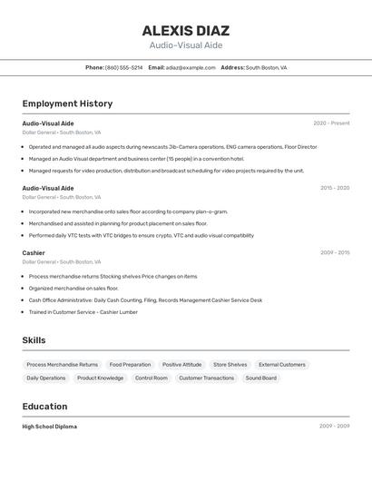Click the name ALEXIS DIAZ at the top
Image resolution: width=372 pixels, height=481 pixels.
click(186, 30)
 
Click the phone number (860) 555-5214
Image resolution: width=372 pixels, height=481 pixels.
click(123, 67)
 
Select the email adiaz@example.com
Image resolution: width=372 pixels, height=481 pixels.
click(191, 67)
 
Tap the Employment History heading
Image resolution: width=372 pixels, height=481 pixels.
click(67, 103)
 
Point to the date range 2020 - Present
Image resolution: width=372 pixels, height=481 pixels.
click(331, 123)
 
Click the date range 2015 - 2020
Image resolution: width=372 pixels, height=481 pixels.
click(334, 188)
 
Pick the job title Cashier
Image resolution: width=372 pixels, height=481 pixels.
click(34, 253)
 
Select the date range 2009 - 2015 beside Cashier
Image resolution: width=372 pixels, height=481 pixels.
click(334, 253)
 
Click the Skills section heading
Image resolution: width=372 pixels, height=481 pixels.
click(34, 340)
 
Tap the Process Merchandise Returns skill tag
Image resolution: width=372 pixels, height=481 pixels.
click(63, 365)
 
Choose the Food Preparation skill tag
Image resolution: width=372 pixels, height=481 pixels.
click(130, 365)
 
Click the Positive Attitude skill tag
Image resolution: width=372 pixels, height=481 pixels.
click(182, 365)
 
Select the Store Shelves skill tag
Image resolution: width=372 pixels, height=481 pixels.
click(230, 365)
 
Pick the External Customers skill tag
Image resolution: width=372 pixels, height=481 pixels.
click(282, 365)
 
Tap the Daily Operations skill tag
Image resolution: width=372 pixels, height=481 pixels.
click(46, 378)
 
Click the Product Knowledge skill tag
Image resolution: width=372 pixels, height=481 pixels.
click(100, 378)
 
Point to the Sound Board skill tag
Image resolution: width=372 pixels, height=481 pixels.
click(261, 378)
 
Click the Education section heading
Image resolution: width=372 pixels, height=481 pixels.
click(44, 407)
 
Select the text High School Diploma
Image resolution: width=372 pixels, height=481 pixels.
click(50, 427)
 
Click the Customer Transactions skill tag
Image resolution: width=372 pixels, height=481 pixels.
click(206, 378)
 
